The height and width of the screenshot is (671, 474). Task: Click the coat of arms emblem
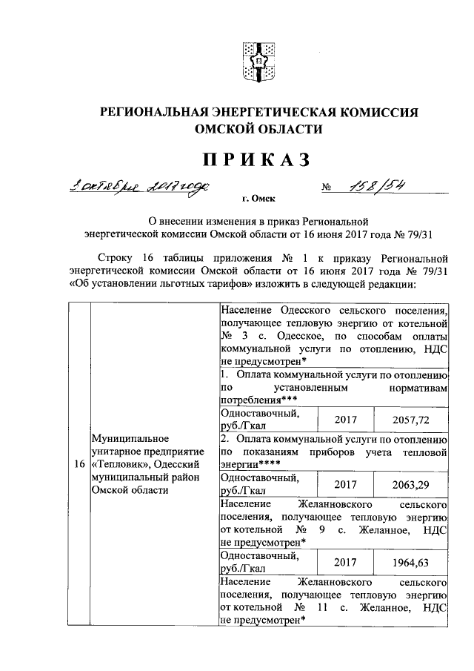click(x=260, y=61)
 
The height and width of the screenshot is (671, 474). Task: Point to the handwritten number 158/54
click(x=381, y=185)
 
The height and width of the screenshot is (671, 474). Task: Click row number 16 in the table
click(x=78, y=464)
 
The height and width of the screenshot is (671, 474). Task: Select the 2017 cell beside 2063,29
click(x=346, y=483)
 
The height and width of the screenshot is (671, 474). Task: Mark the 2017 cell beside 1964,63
click(x=346, y=561)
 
